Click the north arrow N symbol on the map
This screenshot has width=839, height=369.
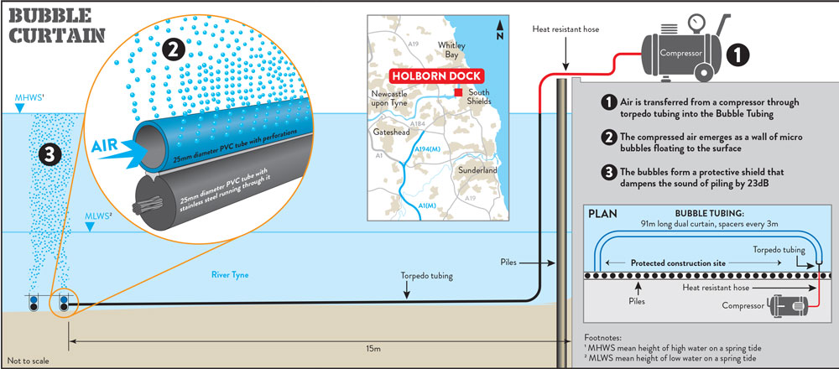coord(499,34)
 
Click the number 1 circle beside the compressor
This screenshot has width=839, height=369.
coord(736,55)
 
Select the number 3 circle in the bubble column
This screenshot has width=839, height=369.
coord(51,153)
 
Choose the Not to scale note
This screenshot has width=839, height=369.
coord(26,360)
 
